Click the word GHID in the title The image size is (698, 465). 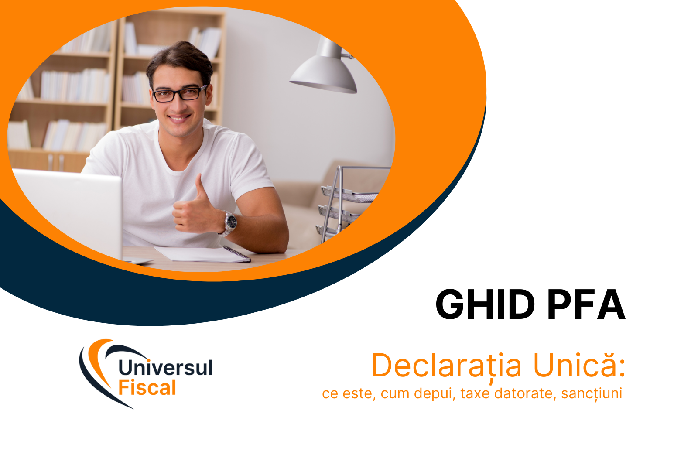(485, 304)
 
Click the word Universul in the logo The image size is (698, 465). (165, 367)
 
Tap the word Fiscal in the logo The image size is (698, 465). (147, 388)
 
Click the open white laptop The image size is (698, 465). (70, 209)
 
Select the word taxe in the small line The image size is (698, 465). (475, 393)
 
